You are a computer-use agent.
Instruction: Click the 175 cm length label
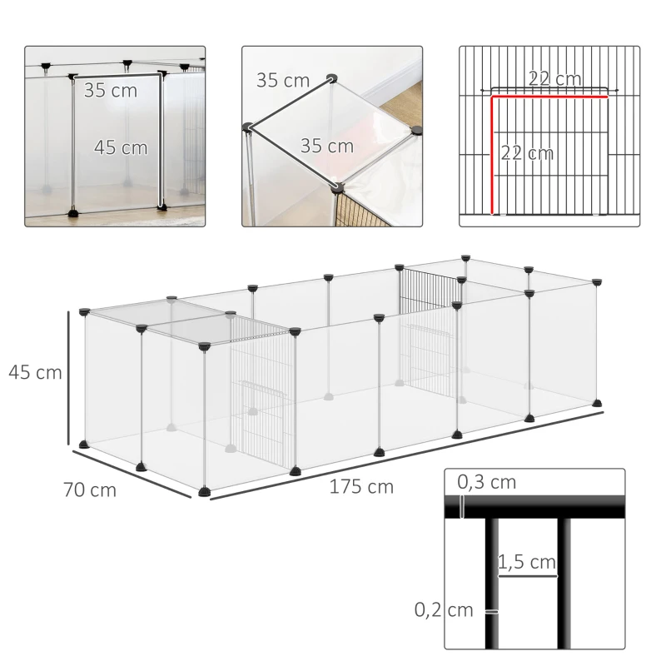[360, 487]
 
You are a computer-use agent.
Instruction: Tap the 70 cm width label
[89, 490]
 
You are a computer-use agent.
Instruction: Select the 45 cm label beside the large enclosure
[36, 372]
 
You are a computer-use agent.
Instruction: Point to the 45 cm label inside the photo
[121, 147]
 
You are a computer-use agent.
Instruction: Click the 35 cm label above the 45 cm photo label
[110, 91]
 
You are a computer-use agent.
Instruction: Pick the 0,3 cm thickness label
[487, 482]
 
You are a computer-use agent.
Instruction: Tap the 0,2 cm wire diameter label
[444, 610]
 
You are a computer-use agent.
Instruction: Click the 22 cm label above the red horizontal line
[555, 79]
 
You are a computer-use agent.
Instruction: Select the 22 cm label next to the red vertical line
[527, 153]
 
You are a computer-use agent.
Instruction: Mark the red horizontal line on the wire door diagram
[549, 97]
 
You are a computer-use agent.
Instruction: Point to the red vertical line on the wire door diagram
[493, 154]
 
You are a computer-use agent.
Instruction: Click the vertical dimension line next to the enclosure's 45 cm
[69, 379]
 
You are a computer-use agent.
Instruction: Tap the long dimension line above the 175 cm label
[408, 454]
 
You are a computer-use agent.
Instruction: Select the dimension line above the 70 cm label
[137, 475]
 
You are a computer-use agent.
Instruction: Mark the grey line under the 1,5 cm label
[527, 574]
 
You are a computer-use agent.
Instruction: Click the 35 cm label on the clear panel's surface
[326, 147]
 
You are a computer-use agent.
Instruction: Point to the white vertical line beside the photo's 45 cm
[160, 142]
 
